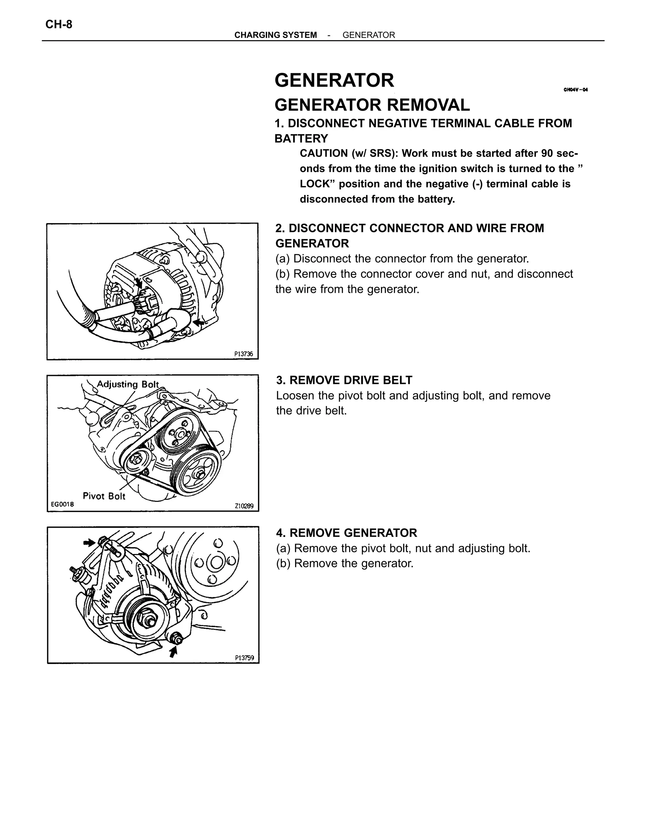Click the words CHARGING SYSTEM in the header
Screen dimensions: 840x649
pyautogui.click(x=275, y=35)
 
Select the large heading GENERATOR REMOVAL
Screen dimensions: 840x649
pyautogui.click(x=372, y=105)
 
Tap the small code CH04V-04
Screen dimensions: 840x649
pyautogui.click(x=575, y=90)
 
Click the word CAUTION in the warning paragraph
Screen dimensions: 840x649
pyautogui.click(x=323, y=153)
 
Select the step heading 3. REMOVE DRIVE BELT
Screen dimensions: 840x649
pyautogui.click(x=344, y=380)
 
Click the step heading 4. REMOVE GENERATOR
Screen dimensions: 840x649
pyautogui.click(x=346, y=533)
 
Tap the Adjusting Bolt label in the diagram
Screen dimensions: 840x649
pyautogui.click(x=128, y=384)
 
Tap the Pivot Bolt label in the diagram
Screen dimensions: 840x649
pyautogui.click(x=104, y=496)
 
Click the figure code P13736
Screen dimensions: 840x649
pyautogui.click(x=243, y=354)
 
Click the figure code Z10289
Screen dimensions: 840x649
pyautogui.click(x=244, y=506)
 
